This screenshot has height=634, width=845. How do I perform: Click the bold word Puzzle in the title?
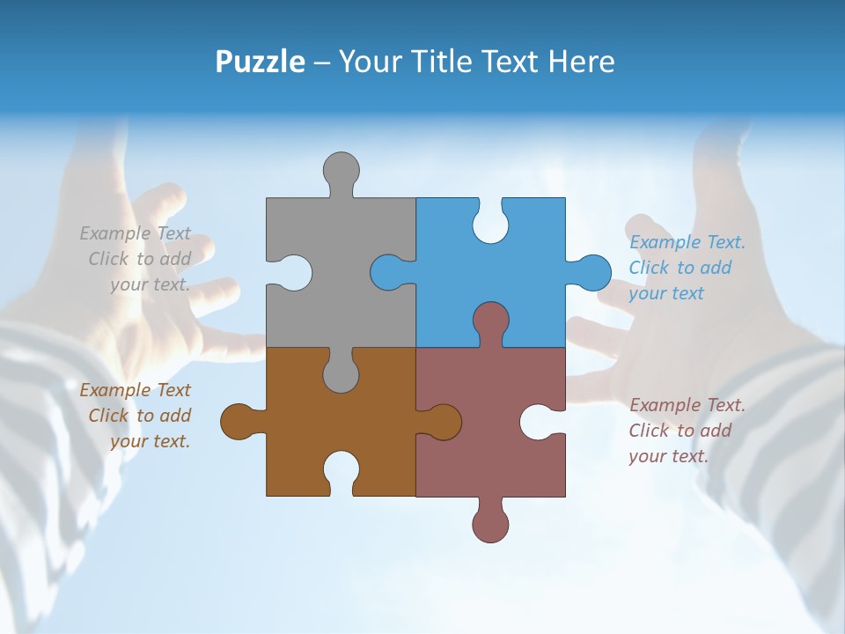coord(260,62)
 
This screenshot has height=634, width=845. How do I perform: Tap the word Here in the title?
coord(581,62)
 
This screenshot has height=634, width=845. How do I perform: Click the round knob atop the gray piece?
coord(341,170)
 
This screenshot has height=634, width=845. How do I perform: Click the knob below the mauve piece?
coord(490,523)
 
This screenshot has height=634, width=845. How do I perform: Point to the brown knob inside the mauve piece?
coord(444,422)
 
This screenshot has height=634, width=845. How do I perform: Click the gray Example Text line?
coord(136,233)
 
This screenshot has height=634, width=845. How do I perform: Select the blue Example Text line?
coord(687,242)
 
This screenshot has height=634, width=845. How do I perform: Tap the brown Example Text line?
coord(136,390)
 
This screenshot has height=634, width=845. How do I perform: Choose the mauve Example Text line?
coord(687,405)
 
